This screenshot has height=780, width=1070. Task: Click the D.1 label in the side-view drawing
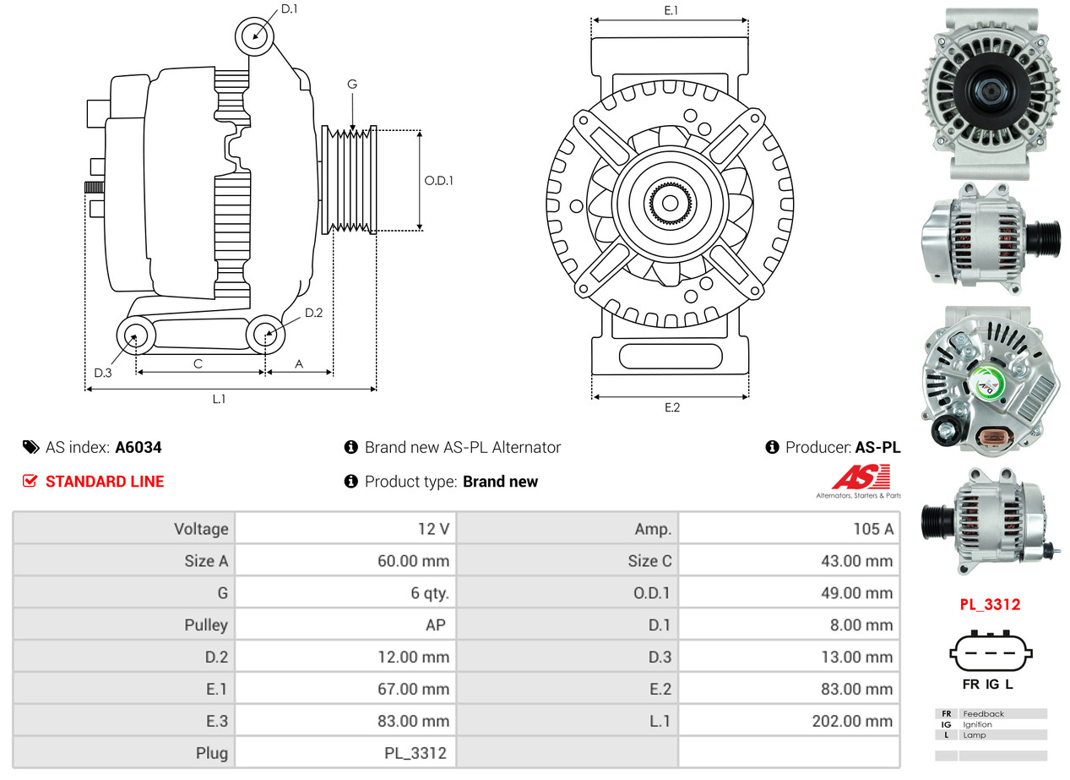coord(289,9)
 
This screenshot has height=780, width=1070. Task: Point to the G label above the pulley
coord(352,84)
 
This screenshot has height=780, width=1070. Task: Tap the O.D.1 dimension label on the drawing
coord(438,180)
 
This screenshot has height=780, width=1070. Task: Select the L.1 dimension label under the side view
coord(219,400)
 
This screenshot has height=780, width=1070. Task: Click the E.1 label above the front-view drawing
coord(671,10)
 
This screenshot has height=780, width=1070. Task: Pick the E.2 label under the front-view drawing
coord(671,408)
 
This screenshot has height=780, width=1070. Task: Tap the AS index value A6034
coord(138,448)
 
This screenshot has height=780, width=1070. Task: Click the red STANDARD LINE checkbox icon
coord(30,482)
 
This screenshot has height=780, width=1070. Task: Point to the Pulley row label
coord(206,625)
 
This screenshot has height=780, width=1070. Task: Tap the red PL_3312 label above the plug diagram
coord(990,605)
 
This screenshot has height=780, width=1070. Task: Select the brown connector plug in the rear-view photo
coord(993,436)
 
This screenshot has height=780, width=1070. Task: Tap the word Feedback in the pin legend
coord(983,714)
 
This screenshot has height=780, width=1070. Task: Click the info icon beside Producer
coord(772,448)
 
